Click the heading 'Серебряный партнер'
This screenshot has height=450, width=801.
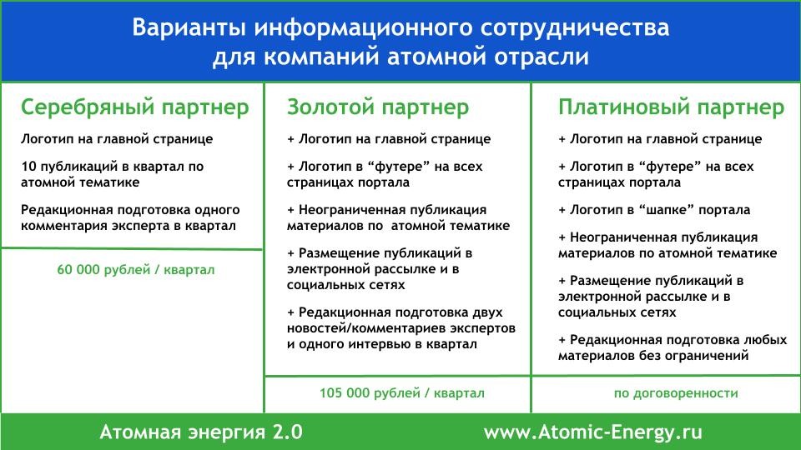click(x=135, y=108)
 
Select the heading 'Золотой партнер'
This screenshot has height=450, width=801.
click(x=377, y=107)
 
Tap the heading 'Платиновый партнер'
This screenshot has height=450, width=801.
click(x=671, y=108)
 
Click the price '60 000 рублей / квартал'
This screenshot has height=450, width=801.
click(x=136, y=269)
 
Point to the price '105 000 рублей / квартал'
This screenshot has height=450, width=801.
click(x=402, y=392)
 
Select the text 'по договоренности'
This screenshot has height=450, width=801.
click(x=676, y=393)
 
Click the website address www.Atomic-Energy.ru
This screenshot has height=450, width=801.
click(x=593, y=432)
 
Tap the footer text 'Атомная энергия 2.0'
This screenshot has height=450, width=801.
click(x=201, y=432)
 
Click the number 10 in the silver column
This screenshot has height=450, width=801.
click(x=28, y=167)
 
